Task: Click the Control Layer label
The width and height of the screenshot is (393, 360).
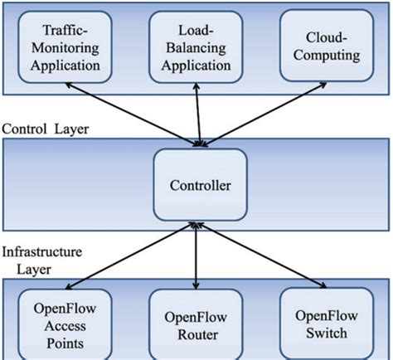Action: click(45, 129)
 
